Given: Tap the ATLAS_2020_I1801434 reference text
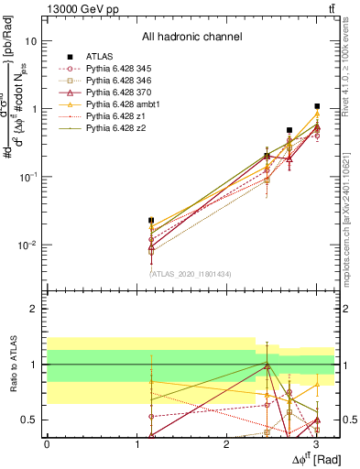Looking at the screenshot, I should tap(191, 274).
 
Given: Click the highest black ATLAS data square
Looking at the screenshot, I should tap(317, 106).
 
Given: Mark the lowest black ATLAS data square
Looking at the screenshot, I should tap(151, 221).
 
